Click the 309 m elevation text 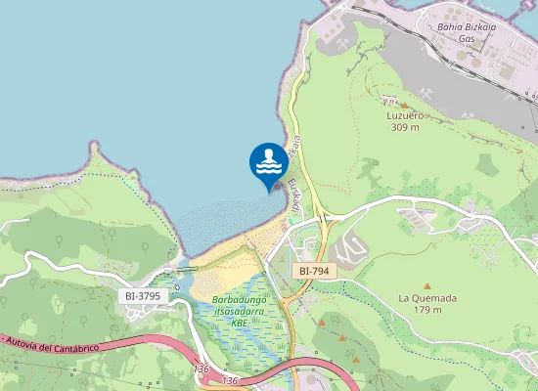[404, 127]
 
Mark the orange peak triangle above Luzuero [404, 103]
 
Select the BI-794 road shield [314, 270]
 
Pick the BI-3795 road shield [143, 295]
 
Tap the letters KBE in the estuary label [239, 324]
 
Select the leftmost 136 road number [202, 369]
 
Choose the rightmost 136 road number [231, 379]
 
